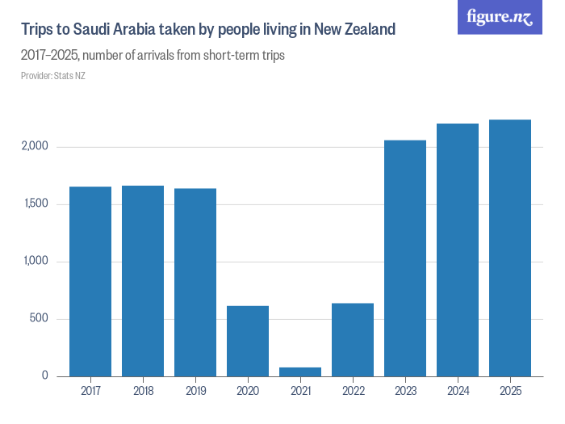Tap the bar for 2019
click(195, 282)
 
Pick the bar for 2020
click(248, 341)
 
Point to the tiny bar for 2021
click(300, 372)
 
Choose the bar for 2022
click(353, 339)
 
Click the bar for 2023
click(405, 258)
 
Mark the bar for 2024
click(458, 250)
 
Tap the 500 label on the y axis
click(40, 319)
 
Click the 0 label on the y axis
click(46, 376)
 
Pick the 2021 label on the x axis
click(300, 391)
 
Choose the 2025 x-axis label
click(510, 391)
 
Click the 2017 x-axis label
click(90, 391)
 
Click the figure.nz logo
click(500, 17)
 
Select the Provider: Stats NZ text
click(53, 76)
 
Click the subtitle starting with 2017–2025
click(153, 57)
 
